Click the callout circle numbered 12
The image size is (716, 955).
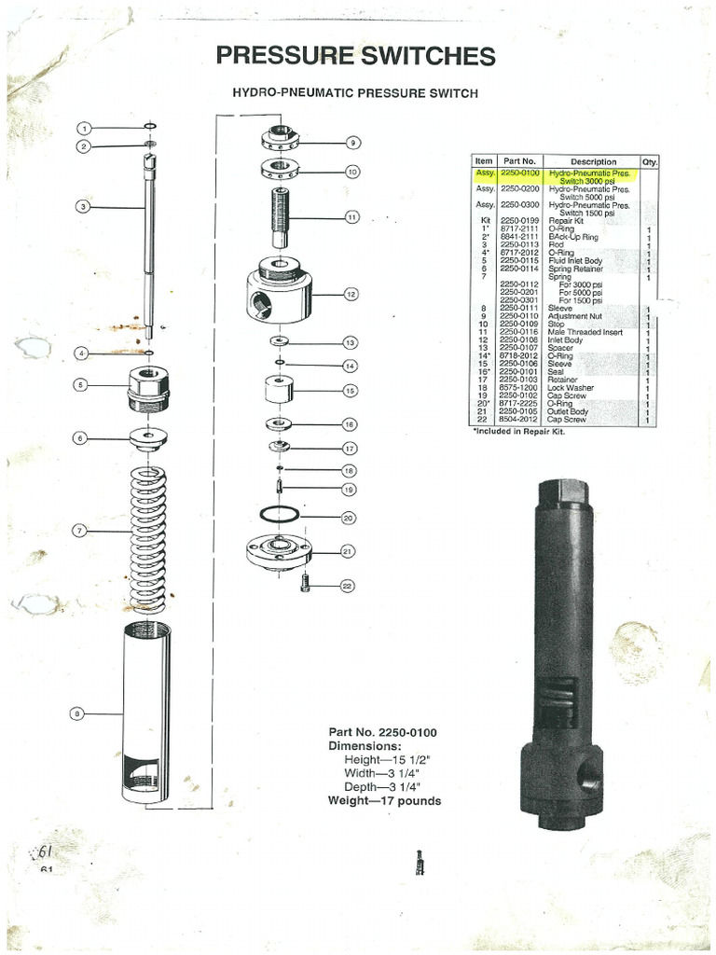tap(351, 295)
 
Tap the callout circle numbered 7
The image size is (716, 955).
tap(80, 531)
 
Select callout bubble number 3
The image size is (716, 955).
tap(82, 206)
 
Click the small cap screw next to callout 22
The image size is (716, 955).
tap(305, 582)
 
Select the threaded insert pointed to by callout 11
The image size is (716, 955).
tap(281, 216)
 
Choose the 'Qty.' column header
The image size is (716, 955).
tap(649, 161)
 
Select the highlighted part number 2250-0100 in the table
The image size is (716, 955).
tap(519, 173)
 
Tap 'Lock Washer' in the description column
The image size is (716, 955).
tap(571, 388)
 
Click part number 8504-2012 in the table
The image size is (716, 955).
tap(519, 420)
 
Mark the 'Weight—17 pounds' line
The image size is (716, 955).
tap(384, 800)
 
